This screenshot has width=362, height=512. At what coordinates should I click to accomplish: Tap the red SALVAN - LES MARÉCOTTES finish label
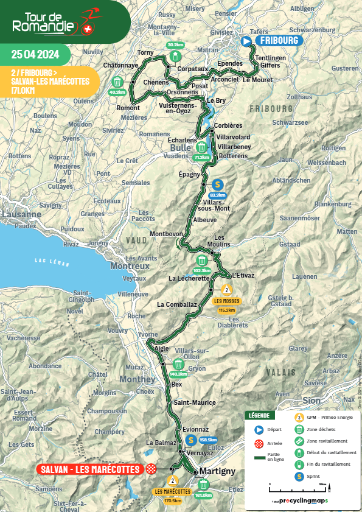(89, 469)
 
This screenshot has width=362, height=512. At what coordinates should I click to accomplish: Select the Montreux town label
(130, 266)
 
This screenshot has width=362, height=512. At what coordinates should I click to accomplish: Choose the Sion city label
(311, 401)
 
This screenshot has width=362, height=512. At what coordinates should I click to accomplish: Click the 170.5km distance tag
(173, 501)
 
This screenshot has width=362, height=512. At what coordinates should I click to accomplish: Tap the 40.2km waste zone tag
(117, 93)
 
